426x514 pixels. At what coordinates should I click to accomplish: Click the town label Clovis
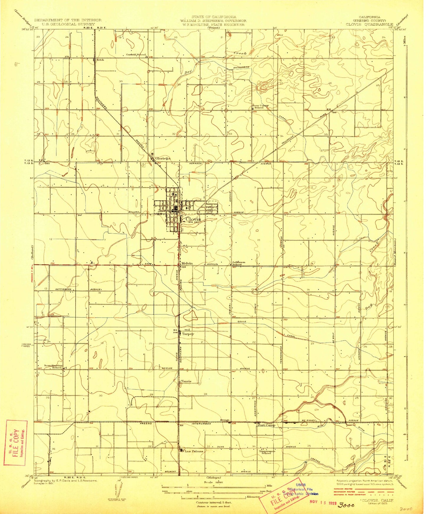click(193, 219)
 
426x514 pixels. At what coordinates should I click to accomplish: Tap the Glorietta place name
click(163, 158)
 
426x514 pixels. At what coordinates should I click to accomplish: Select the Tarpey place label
click(188, 334)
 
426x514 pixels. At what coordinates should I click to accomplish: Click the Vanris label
click(186, 381)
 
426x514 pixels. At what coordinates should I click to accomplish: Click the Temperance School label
click(267, 452)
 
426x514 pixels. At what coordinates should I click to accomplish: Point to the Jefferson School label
click(239, 263)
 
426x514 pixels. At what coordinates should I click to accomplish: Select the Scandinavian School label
click(53, 367)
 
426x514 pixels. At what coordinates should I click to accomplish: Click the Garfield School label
click(136, 55)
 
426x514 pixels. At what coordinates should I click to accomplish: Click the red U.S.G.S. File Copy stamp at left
click(15, 443)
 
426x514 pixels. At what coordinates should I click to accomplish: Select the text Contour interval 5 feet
click(213, 502)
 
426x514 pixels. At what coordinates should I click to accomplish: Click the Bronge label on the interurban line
click(225, 420)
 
